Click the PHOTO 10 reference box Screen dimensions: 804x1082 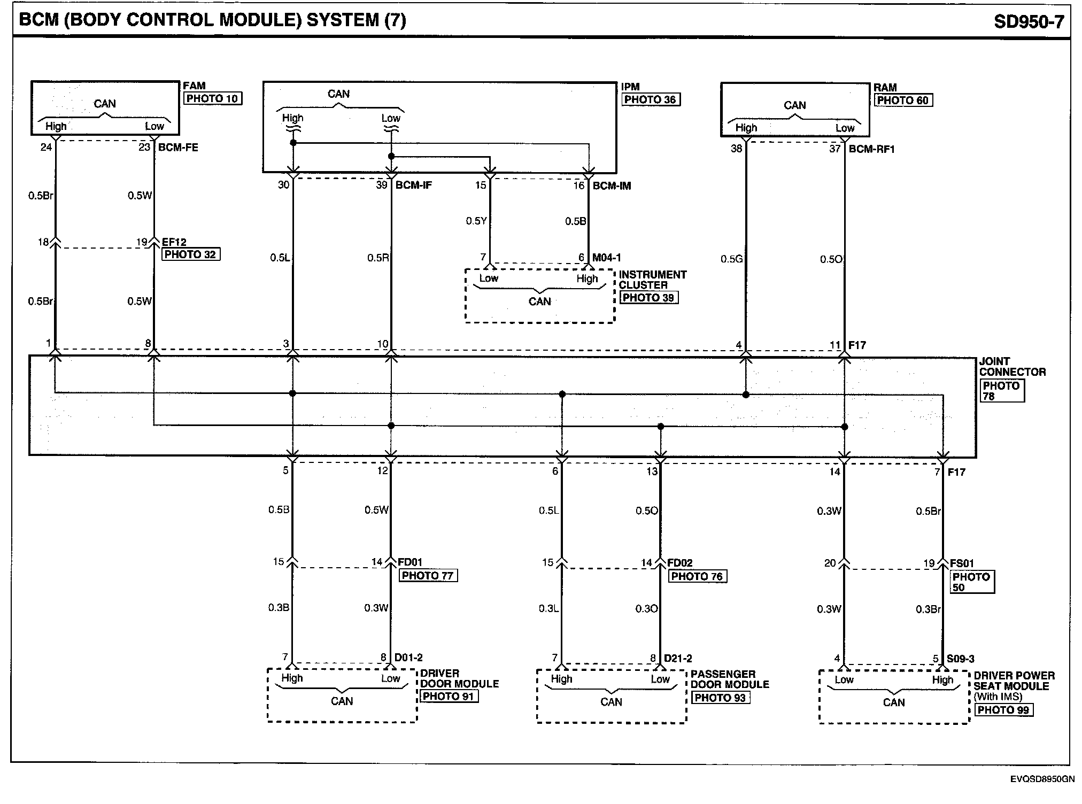212,98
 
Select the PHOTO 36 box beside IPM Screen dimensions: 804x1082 650,99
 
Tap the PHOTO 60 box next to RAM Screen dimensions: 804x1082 903,100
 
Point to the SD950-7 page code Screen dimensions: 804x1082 1029,21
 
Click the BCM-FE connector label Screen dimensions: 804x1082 178,147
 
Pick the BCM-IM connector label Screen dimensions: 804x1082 612,185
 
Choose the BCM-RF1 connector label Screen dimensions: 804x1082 871,149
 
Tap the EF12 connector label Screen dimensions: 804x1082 174,242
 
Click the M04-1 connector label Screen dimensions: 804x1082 607,258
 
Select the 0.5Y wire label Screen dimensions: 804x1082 476,221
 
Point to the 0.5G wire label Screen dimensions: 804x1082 731,259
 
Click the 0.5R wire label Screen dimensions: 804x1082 377,258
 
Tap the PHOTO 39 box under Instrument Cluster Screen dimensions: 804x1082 648,298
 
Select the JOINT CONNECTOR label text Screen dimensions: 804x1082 1012,367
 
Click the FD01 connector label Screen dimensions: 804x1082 410,562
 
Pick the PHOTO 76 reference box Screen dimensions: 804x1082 697,576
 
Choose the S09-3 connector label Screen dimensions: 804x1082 961,659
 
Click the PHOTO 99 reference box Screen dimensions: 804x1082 1003,710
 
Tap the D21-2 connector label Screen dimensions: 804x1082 678,659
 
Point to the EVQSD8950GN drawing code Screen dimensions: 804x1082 1042,779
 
